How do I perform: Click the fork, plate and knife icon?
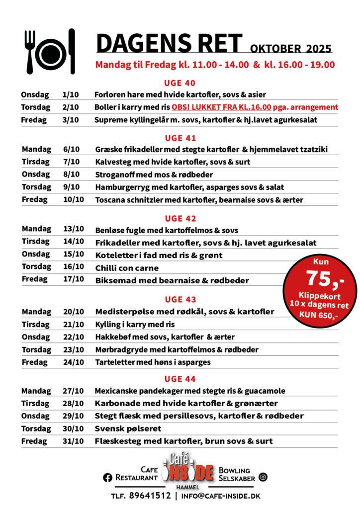point(50,51)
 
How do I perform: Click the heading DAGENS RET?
point(169,44)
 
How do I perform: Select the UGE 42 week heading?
point(180,218)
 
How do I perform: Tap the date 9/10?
point(73,187)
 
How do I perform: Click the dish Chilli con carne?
point(127,268)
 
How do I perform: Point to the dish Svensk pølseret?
point(128,428)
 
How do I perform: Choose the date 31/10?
point(73,441)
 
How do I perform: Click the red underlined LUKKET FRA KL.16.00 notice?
point(221,107)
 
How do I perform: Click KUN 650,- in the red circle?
point(320,315)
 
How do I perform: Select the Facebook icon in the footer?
point(107,478)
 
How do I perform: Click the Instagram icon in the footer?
point(263,477)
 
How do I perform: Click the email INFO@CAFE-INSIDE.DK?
point(221,496)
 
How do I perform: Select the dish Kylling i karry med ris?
point(135,324)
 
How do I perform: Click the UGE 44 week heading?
point(180,379)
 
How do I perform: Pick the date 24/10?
point(73,362)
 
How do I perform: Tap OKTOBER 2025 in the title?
point(291,49)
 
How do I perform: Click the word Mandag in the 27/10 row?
point(36,391)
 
